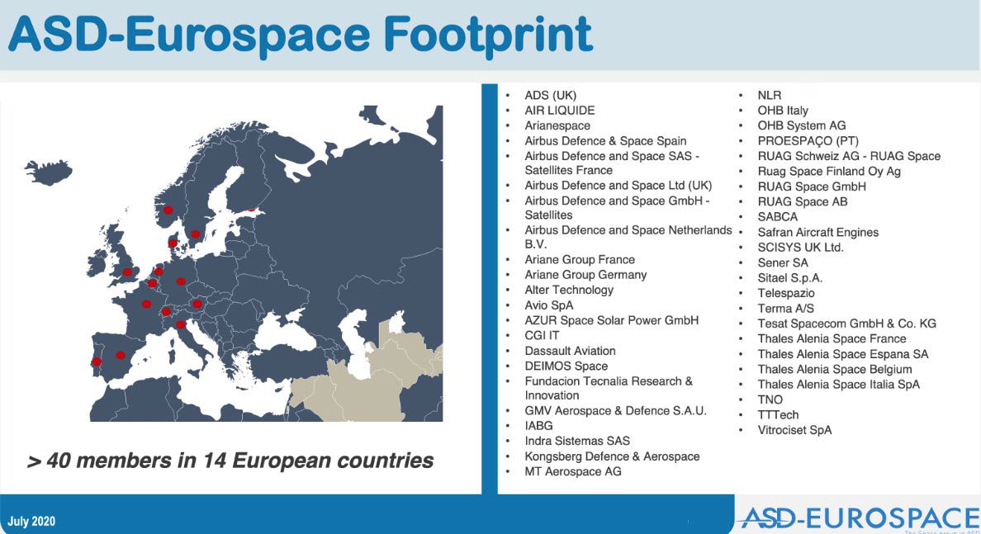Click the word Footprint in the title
[x=488, y=35]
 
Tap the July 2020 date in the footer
[x=31, y=522]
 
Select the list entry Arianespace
[x=557, y=125]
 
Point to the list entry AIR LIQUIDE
[x=559, y=111]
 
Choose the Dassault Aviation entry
[x=570, y=351]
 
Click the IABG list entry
[x=538, y=426]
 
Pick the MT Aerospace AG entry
[x=573, y=471]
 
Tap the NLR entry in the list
[x=770, y=95]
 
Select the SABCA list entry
[x=778, y=217]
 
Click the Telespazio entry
[x=786, y=293]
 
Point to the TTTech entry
[x=778, y=414]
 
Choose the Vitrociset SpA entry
[x=794, y=430]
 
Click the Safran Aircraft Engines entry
[x=817, y=233]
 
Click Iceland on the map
[x=48, y=172]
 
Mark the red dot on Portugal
[x=97, y=362]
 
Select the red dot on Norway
[x=168, y=210]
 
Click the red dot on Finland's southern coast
[x=252, y=210]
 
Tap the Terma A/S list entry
[x=786, y=309]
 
